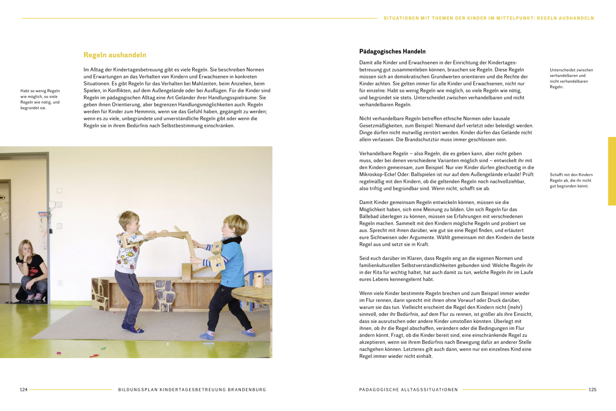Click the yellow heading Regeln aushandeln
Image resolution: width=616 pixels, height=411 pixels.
click(115, 55)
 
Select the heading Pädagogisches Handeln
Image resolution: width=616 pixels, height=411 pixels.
click(392, 51)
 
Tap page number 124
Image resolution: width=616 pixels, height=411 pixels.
click(24, 390)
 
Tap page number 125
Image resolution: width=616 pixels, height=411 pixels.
click(592, 390)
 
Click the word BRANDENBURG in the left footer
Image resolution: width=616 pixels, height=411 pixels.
click(247, 390)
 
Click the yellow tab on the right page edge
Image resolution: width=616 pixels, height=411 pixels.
click(612, 171)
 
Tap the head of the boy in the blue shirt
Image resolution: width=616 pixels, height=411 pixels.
click(235, 225)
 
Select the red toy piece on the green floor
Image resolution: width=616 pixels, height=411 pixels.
click(94, 356)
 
